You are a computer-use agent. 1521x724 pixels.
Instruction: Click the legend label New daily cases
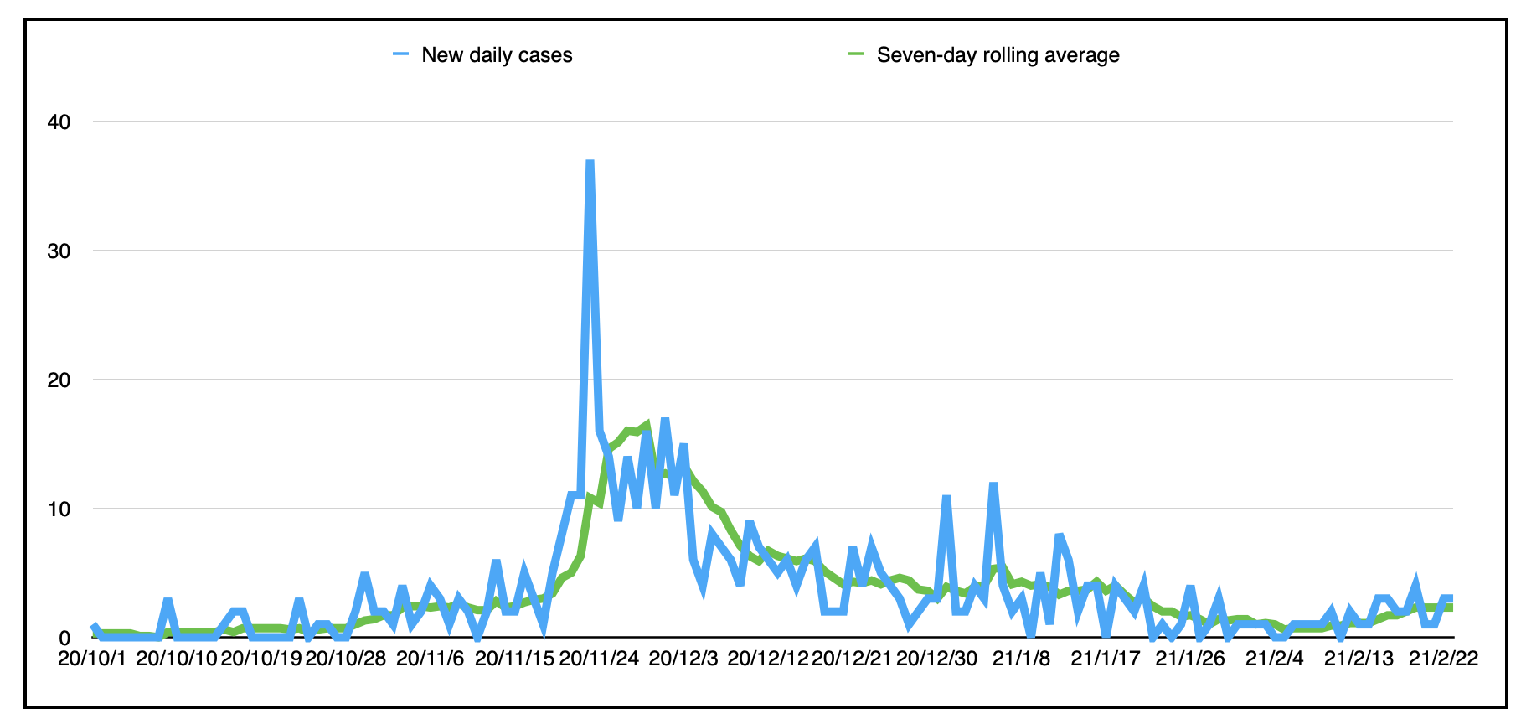(x=497, y=55)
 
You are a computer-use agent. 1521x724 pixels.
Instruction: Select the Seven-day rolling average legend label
(x=998, y=55)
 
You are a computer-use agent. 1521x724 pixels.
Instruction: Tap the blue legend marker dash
(x=401, y=54)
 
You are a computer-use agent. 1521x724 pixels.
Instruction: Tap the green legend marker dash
(x=856, y=54)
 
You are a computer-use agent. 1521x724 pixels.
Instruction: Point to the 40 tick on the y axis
(x=59, y=122)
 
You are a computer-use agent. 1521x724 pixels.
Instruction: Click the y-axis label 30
(x=59, y=251)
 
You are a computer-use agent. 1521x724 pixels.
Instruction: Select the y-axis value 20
(x=59, y=380)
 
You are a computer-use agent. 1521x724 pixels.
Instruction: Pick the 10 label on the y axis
(x=59, y=509)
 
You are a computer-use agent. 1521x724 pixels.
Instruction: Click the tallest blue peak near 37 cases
(x=590, y=162)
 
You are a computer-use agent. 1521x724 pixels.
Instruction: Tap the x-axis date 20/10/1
(x=92, y=659)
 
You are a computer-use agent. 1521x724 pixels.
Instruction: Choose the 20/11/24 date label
(x=599, y=659)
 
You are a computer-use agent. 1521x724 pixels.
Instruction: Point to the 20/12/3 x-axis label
(x=683, y=659)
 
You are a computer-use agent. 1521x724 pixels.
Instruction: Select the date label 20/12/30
(x=936, y=659)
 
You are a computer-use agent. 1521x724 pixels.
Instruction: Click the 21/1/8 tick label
(x=1021, y=659)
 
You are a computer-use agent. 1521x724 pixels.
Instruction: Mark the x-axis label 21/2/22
(x=1443, y=659)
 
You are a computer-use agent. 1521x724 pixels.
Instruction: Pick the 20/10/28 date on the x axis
(x=345, y=659)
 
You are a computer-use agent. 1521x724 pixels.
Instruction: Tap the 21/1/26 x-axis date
(x=1190, y=659)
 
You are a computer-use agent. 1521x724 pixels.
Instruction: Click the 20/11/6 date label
(x=430, y=659)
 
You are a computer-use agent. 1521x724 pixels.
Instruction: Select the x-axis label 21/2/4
(x=1275, y=659)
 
